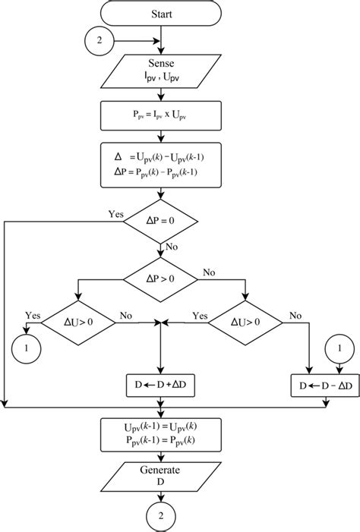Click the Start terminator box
point(161,14)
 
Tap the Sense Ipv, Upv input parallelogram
point(161,74)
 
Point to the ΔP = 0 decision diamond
point(161,222)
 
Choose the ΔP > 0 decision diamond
point(161,279)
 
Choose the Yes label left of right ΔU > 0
point(200,316)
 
